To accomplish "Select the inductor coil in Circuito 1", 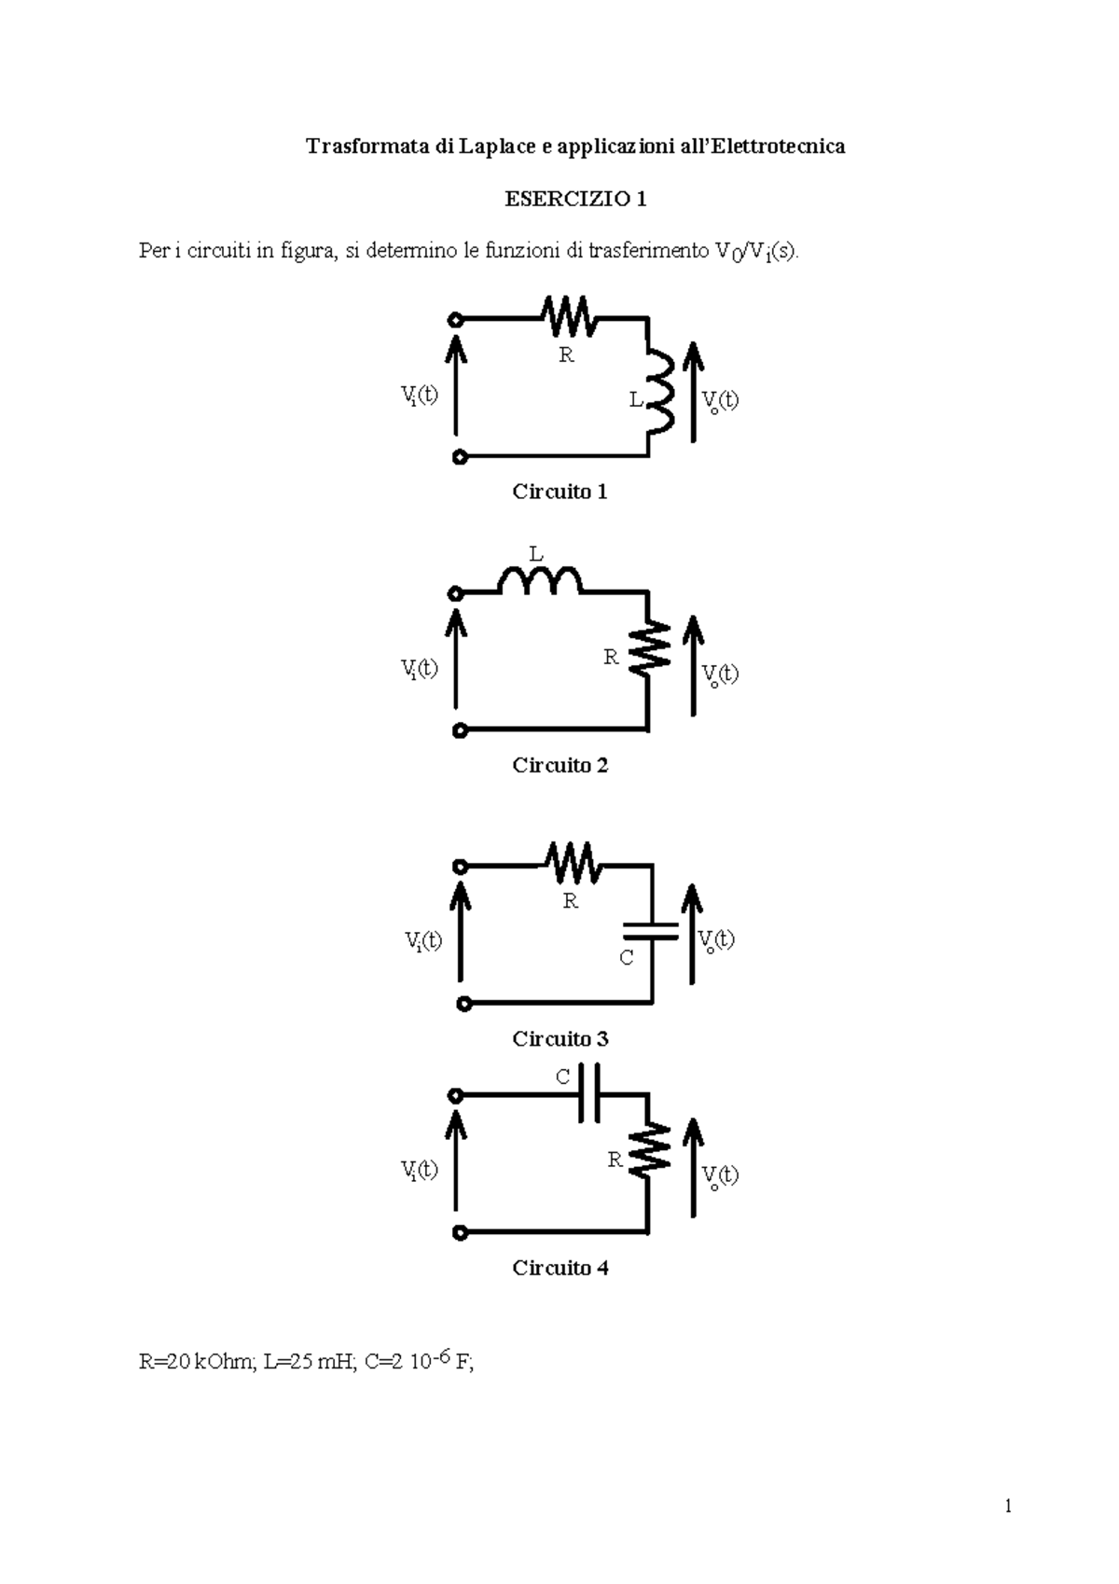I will click(660, 391).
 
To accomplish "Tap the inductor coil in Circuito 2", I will click(540, 582).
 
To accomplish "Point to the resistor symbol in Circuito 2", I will click(649, 646).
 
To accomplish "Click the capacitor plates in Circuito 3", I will click(652, 929).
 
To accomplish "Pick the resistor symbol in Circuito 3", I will click(573, 863).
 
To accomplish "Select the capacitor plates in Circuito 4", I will click(589, 1095).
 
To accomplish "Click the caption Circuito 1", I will click(559, 492).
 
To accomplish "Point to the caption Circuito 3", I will click(559, 1038).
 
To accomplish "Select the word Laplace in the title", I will click(499, 146).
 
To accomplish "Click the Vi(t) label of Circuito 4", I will click(420, 1170).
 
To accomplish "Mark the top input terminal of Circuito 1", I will click(456, 319).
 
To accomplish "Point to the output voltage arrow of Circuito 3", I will click(692, 933).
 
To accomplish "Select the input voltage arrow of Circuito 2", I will click(456, 658).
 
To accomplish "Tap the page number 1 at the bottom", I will click(1008, 1507).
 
